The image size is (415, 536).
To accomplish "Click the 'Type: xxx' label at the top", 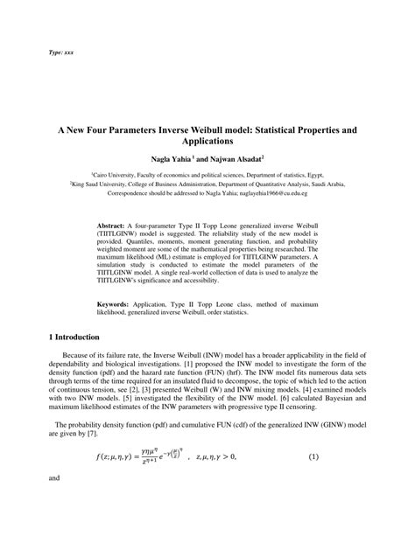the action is [x=61, y=52].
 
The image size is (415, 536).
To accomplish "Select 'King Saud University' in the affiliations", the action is [x=103, y=186].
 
